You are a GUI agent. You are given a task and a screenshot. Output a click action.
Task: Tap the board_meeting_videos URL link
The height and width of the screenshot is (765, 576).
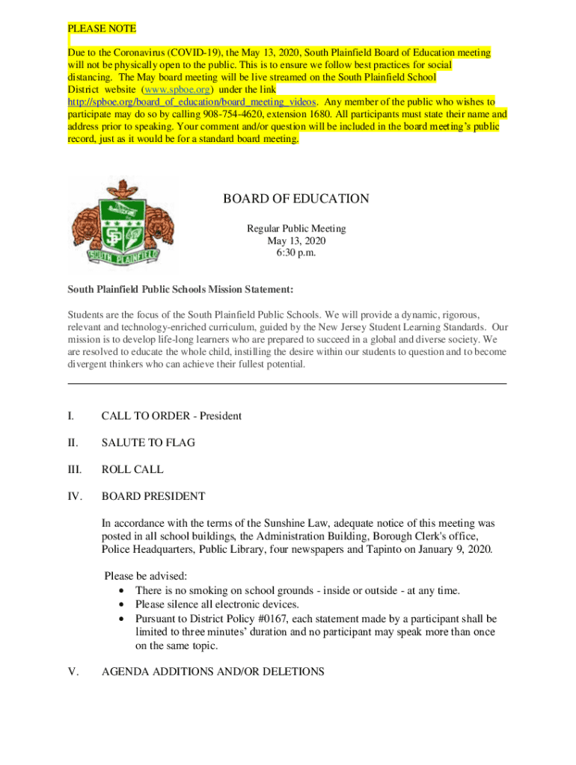192,102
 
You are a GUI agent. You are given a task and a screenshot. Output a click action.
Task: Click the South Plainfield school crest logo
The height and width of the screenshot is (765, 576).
123,225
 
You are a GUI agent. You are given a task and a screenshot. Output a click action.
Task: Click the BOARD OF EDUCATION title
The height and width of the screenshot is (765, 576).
295,199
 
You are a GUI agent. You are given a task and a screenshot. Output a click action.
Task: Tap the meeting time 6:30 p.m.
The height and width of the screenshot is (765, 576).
296,253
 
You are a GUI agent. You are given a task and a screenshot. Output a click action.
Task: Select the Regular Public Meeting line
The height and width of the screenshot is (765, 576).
296,229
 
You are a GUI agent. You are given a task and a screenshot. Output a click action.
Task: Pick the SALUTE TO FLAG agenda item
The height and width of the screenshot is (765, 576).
148,443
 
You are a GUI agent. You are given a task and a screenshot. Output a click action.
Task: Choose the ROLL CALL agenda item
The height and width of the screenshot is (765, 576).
132,470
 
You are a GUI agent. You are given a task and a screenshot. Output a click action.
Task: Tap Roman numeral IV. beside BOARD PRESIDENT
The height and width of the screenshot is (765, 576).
76,497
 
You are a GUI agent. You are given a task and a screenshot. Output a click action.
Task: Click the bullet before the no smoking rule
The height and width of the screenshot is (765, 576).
121,591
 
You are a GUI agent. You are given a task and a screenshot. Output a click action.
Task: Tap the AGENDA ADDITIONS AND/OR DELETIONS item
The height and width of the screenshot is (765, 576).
212,672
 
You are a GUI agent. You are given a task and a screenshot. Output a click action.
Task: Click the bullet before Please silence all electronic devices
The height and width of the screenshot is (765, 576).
121,604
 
